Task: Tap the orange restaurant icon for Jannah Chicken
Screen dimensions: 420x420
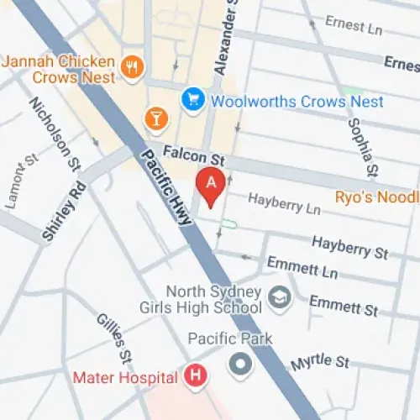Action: point(130,66)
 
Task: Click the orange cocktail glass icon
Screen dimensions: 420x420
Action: point(155,118)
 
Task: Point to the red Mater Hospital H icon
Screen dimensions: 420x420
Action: point(196,375)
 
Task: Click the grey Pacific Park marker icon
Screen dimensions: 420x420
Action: point(242,365)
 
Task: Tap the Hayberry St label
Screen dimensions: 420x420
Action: point(350,247)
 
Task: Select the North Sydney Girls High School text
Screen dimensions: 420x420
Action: point(214,300)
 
